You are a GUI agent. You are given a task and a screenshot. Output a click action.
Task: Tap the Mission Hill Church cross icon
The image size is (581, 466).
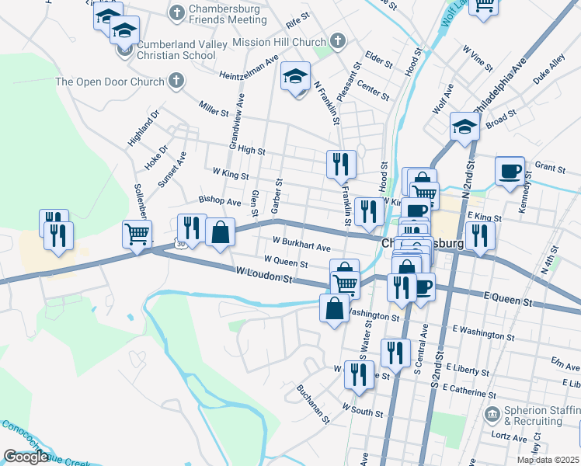tap(337, 40)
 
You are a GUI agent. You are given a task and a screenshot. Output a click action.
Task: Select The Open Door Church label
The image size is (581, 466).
tap(110, 82)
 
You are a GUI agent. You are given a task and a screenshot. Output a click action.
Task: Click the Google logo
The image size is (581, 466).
tap(26, 457)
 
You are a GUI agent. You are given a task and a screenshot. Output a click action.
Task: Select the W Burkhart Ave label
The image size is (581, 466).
tap(302, 245)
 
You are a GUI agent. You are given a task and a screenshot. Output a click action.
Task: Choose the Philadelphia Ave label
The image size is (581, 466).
tap(504, 81)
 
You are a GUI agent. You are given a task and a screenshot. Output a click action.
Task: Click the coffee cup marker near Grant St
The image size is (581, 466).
tap(510, 171)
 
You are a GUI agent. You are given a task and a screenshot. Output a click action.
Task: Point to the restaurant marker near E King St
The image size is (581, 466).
tap(480, 235)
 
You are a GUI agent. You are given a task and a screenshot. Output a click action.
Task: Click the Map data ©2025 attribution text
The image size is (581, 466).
tap(548, 460)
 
